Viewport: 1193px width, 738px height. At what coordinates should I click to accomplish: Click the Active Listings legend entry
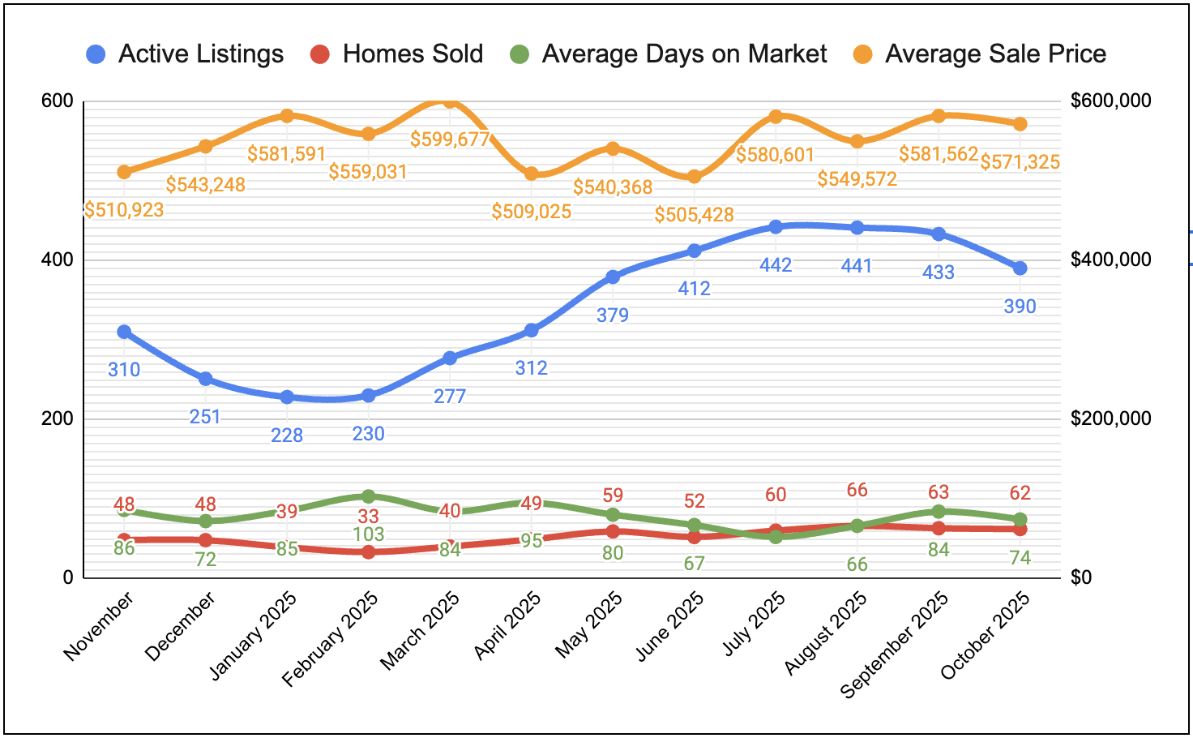coord(185,54)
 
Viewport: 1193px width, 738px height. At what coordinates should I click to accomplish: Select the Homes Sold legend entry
coord(396,54)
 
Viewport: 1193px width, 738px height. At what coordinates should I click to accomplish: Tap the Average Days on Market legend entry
coord(668,54)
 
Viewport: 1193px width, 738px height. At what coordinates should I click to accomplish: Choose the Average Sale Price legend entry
coord(979,54)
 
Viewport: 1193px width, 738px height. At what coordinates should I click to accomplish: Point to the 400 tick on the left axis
coord(57,260)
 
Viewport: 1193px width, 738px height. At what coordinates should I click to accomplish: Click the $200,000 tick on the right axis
coord(1110,418)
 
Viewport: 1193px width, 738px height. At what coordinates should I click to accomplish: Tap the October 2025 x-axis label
coord(986,636)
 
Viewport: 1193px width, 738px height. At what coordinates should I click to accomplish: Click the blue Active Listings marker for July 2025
coord(776,227)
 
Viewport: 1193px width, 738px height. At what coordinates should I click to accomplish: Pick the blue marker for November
coord(124,332)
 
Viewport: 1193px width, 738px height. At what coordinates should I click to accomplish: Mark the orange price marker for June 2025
coord(695,176)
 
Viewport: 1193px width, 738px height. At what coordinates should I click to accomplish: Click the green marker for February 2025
coord(369,496)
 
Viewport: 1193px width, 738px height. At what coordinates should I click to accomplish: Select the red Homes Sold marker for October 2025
coord(1020,529)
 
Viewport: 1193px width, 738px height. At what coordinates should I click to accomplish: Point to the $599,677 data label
coord(450,139)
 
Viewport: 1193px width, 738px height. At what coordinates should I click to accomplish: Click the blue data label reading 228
coord(287,436)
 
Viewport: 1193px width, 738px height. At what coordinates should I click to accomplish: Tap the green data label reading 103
coord(369,534)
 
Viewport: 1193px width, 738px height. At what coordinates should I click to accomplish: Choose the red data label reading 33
coord(369,517)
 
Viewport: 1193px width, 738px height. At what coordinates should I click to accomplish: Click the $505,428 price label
coord(695,215)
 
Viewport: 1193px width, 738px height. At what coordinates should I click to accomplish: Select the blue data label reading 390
coord(1020,307)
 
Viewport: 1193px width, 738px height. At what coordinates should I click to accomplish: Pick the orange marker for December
coord(206,147)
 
